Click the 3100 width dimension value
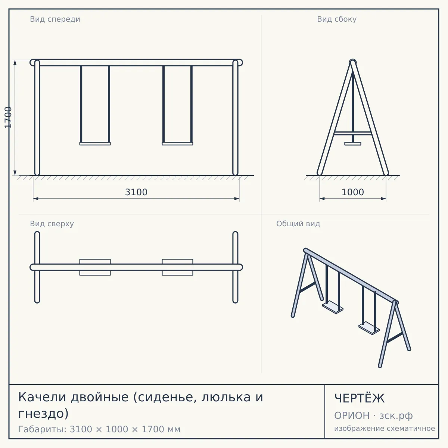(x=136, y=192)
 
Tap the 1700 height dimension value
(x=8, y=117)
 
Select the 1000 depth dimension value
(x=353, y=192)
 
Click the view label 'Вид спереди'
(x=55, y=19)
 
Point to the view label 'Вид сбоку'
(x=337, y=19)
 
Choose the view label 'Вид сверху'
(x=52, y=224)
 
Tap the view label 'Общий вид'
(x=298, y=224)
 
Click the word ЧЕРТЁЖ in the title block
(x=360, y=398)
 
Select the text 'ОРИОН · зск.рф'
(x=373, y=416)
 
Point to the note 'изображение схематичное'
(x=385, y=428)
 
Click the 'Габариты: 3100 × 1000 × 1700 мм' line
(x=99, y=429)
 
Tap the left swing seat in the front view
(x=95, y=144)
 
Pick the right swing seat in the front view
(x=177, y=144)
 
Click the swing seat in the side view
(x=353, y=144)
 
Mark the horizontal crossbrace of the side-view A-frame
(x=353, y=133)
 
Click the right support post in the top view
(x=235, y=267)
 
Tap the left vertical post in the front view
(x=37, y=117)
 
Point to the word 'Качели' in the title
(x=41, y=397)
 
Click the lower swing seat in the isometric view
(x=369, y=328)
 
